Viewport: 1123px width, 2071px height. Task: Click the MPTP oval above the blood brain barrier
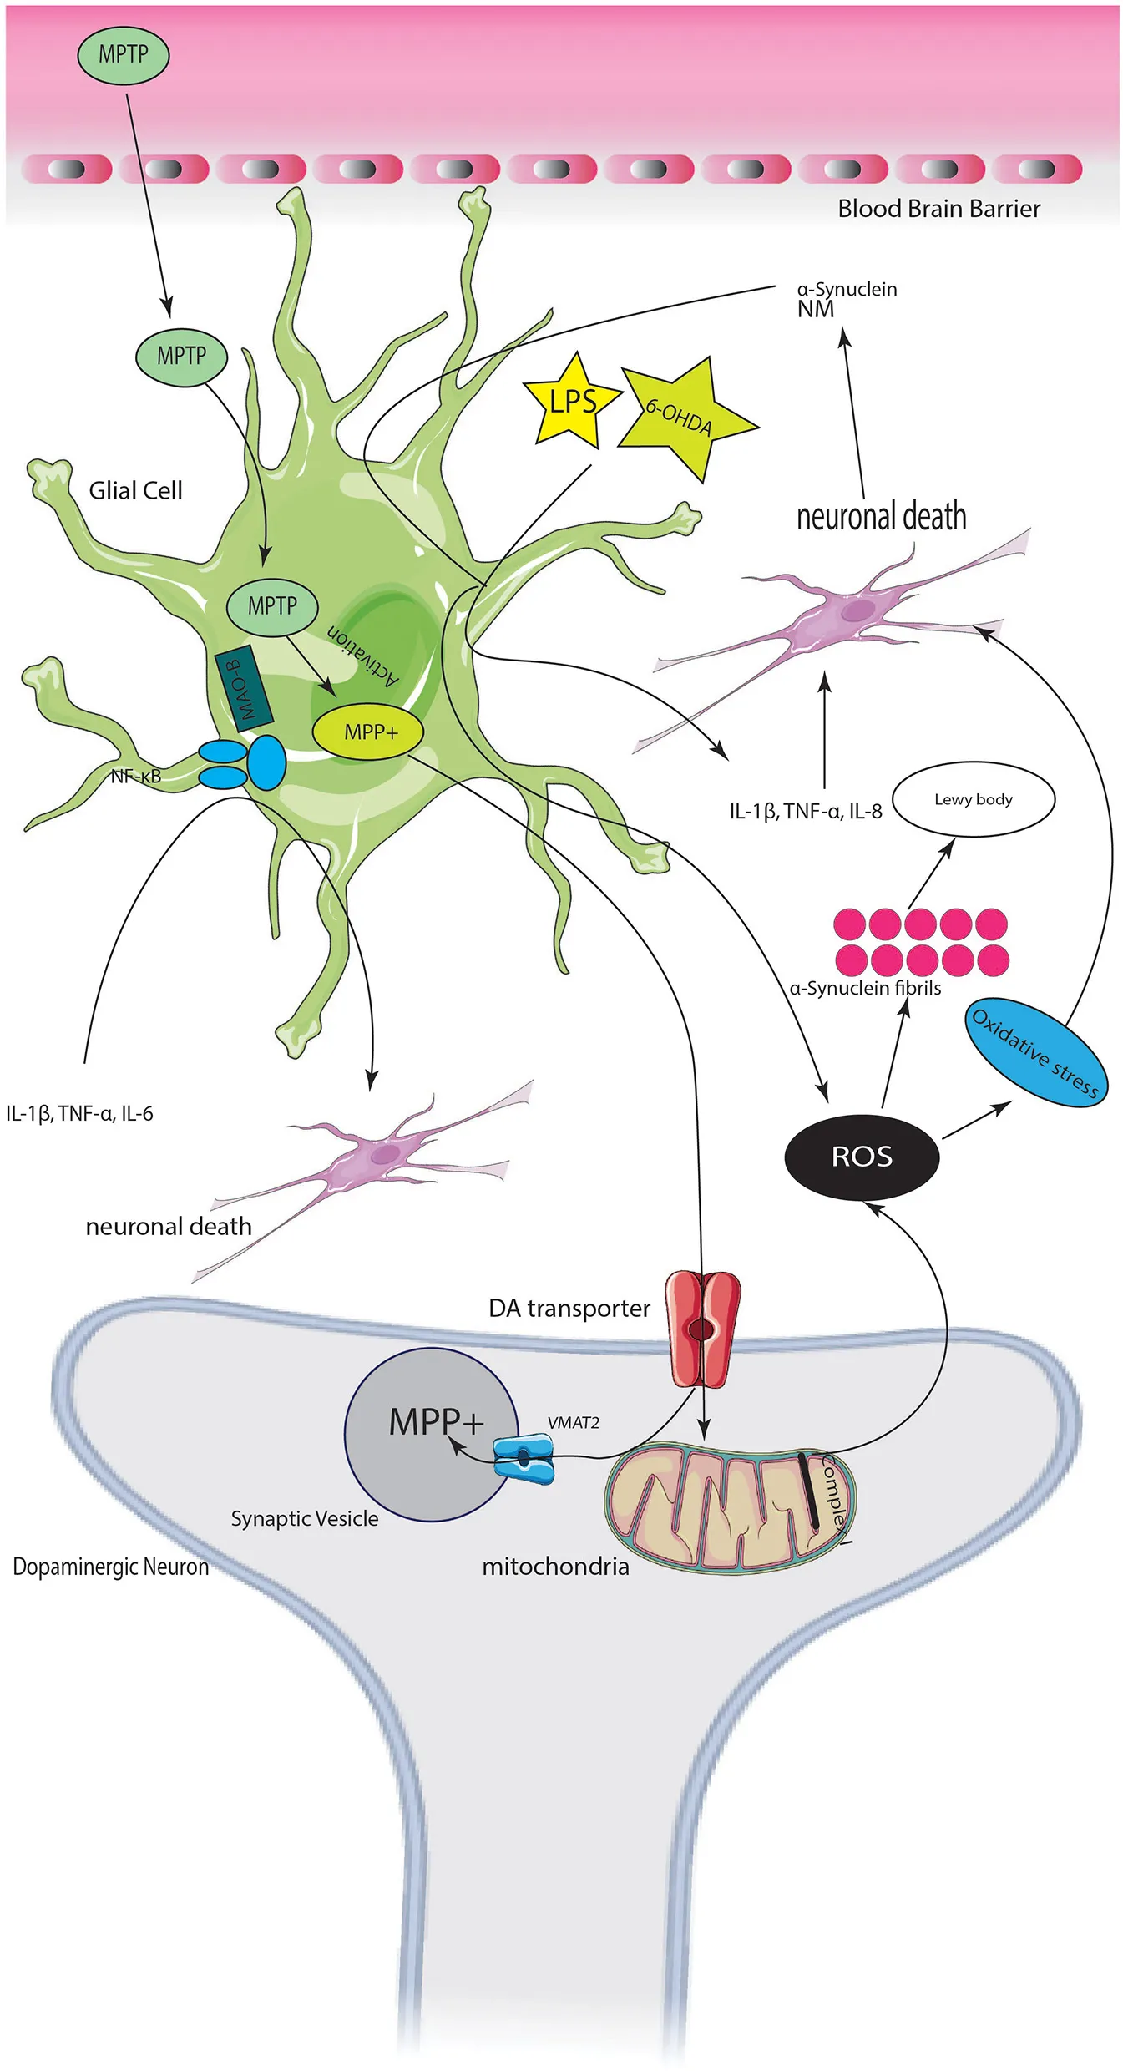[x=124, y=55]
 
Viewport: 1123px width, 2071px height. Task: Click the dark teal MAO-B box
[x=244, y=688]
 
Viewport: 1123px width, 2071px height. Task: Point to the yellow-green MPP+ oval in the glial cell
[x=368, y=732]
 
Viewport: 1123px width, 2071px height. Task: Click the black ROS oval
[x=862, y=1157]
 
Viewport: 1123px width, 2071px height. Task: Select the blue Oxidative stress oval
[x=1035, y=1051]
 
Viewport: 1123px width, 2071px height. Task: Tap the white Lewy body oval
[x=974, y=799]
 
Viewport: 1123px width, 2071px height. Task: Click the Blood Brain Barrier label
[x=938, y=209]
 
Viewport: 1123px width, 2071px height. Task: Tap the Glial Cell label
[x=135, y=490]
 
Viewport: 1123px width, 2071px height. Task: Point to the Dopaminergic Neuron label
[x=110, y=1567]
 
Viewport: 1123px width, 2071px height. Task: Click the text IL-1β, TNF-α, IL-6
[x=79, y=1113]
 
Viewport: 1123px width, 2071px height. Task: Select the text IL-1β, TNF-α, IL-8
[x=805, y=811]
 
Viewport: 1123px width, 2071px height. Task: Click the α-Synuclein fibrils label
[x=865, y=988]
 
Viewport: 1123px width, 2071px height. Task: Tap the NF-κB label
[x=135, y=777]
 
